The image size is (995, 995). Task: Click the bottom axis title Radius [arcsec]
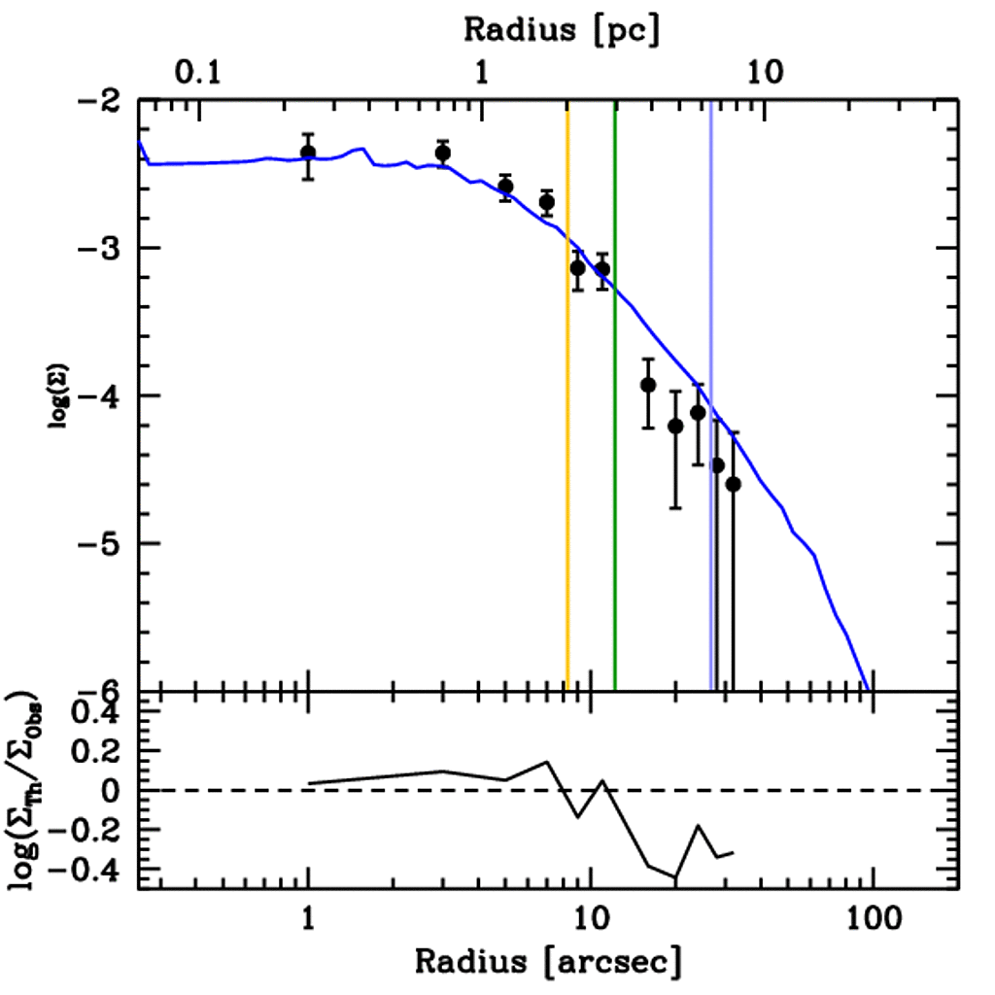pos(548,961)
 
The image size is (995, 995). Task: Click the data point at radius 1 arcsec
pos(308,153)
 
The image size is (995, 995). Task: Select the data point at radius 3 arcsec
pos(443,153)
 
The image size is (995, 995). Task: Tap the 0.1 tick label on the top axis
pos(200,72)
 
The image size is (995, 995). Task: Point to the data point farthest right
pos(733,484)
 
